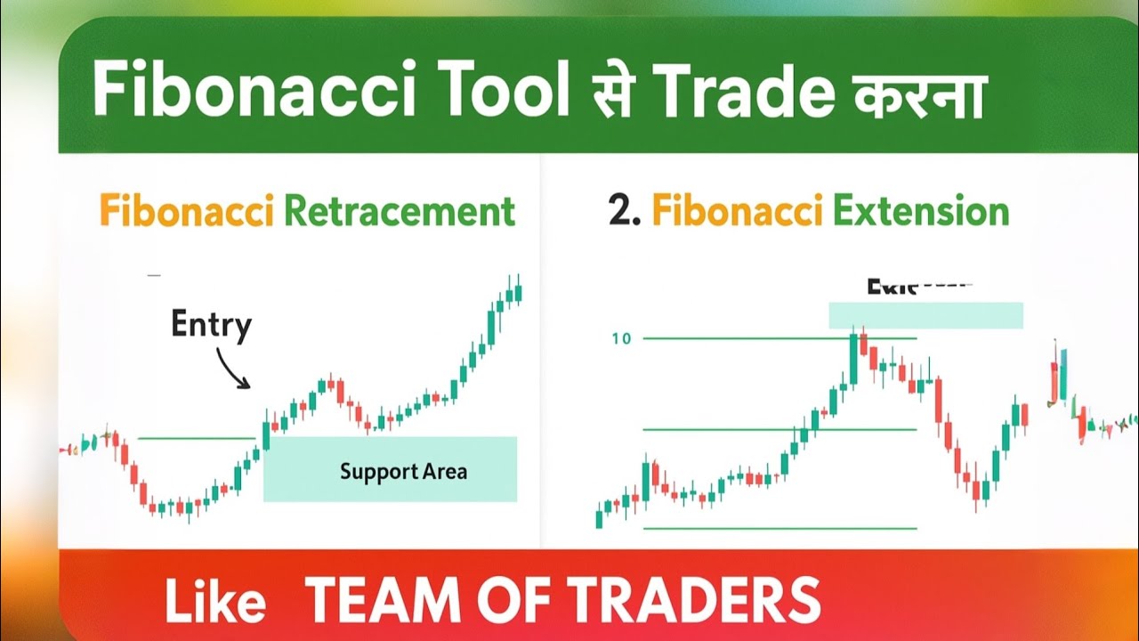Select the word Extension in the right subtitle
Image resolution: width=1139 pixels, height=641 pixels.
tap(921, 212)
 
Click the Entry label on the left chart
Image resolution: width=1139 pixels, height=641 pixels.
tap(212, 326)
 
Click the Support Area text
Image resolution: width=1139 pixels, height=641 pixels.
tap(403, 471)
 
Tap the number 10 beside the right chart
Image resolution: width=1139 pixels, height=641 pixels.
tap(620, 339)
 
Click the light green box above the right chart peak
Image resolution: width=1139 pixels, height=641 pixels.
tap(925, 315)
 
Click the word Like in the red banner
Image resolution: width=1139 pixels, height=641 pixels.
tap(215, 601)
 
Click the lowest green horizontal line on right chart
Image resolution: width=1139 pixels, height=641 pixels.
tap(780, 529)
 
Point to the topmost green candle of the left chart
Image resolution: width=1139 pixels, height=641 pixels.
tap(519, 292)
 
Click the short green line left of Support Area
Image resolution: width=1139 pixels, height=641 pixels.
tap(198, 438)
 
